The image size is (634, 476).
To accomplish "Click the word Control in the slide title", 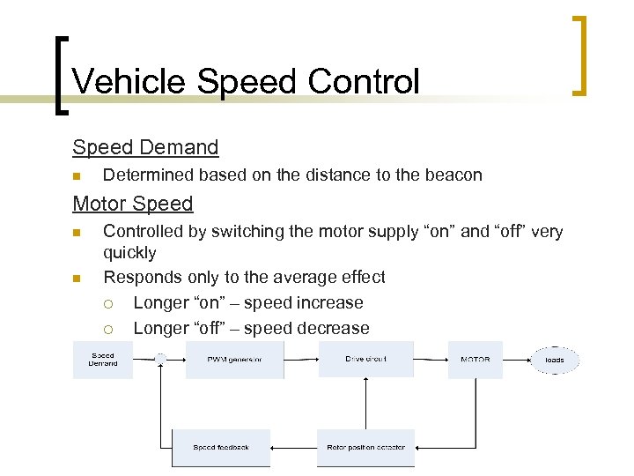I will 364,82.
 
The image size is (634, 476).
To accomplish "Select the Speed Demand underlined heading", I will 145,146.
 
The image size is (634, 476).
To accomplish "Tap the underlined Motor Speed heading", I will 132,204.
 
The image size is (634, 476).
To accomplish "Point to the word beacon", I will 454,175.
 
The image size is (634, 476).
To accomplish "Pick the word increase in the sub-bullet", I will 330,302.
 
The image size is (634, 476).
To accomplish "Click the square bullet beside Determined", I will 77,175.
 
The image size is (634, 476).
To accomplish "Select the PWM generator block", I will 234,360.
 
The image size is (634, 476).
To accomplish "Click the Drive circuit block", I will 365,360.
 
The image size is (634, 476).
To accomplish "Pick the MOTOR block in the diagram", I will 475,360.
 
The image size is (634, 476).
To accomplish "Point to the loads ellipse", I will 555,360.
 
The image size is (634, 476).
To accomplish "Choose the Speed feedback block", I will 221,447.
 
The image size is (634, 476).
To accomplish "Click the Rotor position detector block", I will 365,447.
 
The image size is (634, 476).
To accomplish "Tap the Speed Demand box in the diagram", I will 103,360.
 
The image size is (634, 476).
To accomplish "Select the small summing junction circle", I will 160,359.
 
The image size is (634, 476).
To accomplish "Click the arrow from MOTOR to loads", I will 517,360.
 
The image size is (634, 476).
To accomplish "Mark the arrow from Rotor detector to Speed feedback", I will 293,447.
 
